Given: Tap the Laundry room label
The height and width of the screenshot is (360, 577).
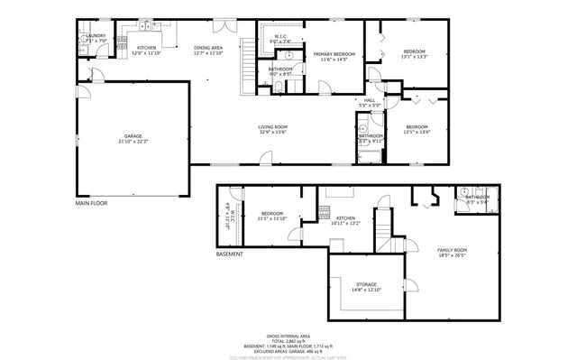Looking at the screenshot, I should tap(96, 36).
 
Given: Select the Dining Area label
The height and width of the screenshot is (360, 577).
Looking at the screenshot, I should tap(207, 48).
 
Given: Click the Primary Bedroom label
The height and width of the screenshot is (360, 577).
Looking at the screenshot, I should tap(334, 54).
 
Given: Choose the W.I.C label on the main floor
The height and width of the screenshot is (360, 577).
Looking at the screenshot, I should tap(279, 37).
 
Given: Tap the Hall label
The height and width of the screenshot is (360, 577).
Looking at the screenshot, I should tap(370, 99).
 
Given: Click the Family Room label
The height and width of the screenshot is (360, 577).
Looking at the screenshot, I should tap(453, 249).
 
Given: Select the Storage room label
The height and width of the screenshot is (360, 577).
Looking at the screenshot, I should tap(365, 284).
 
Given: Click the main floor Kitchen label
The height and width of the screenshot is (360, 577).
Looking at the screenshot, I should tap(146, 48).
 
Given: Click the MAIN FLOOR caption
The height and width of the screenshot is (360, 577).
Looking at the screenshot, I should tap(91, 203).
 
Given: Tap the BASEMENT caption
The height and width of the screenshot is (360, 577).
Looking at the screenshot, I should tap(230, 254).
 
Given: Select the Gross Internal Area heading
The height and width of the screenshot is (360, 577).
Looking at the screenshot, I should tap(288, 334).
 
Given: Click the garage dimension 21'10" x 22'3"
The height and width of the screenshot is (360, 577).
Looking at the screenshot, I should tap(133, 141).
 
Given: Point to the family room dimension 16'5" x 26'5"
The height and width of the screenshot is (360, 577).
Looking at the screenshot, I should tap(453, 254).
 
